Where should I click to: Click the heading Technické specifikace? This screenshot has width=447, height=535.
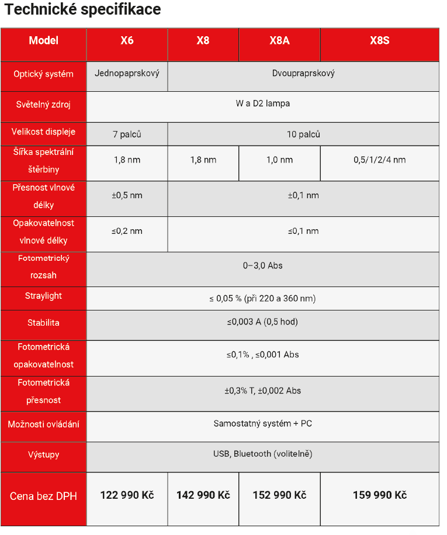coord(82,10)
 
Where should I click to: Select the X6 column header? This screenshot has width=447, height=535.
coord(127,41)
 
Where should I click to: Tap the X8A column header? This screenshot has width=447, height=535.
coord(279,41)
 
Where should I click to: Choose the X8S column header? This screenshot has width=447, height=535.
coord(379,41)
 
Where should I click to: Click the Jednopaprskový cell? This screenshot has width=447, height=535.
coord(127,74)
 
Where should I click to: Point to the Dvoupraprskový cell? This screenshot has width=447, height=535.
coord(303,74)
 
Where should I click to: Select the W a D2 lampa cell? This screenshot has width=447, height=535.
coord(262,103)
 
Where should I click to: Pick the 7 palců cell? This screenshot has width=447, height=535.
coord(127,134)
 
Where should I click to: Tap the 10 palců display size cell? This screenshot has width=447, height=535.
coord(303,134)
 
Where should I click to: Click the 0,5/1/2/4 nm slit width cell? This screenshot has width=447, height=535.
coord(379,160)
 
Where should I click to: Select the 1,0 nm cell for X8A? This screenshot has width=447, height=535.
coord(279,160)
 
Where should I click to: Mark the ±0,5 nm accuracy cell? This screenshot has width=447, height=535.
coord(127,195)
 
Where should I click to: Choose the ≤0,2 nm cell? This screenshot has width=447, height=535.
coord(127,231)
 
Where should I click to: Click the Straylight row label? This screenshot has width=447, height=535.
coord(43,296)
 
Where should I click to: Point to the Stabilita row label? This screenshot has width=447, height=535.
coord(43,323)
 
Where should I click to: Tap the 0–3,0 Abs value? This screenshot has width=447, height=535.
coord(262,265)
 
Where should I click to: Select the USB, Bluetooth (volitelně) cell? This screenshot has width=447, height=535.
coord(262,454)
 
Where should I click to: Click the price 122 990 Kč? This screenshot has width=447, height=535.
coord(127,495)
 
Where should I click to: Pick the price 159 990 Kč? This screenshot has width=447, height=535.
coord(379,495)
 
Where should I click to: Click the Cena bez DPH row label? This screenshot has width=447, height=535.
coord(43,496)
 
